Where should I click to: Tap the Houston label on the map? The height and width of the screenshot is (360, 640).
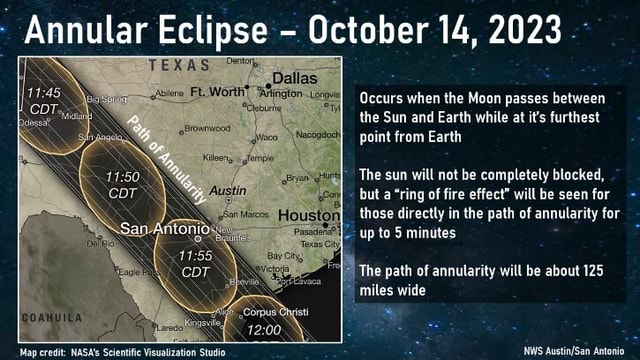click(x=309, y=215)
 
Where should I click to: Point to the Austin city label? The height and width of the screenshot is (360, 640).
click(x=229, y=190)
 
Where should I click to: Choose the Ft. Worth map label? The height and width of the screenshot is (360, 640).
click(x=216, y=92)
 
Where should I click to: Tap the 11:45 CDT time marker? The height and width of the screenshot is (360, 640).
click(x=45, y=100)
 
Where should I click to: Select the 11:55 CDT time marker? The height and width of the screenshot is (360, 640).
click(x=196, y=263)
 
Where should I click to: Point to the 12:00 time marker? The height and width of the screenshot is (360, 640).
click(x=264, y=329)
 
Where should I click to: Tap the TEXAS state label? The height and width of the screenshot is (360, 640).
click(x=180, y=66)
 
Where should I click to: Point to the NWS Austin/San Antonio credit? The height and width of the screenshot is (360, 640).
click(x=577, y=351)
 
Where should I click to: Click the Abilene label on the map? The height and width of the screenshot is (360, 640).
click(x=170, y=93)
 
